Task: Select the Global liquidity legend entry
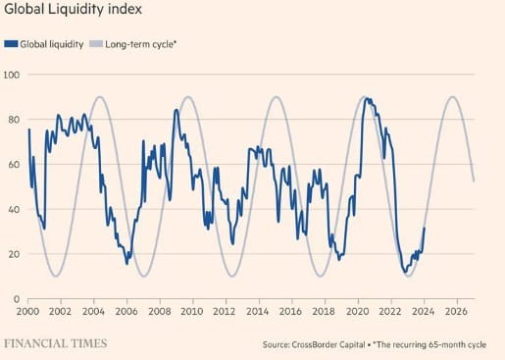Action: pyautogui.click(x=43, y=44)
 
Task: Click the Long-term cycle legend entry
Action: pyautogui.click(x=136, y=44)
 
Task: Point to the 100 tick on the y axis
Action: pyautogui.click(x=13, y=75)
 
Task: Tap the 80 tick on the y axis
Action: pyautogui.click(x=11, y=120)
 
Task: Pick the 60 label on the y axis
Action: pyautogui.click(x=11, y=165)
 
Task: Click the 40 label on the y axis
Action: pyautogui.click(x=11, y=209)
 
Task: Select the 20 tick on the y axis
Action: pyautogui.click(x=11, y=254)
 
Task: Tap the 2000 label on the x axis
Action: pyautogui.click(x=29, y=312)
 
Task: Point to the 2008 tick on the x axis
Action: pyautogui.click(x=157, y=312)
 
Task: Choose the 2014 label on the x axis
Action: pyautogui.click(x=257, y=312)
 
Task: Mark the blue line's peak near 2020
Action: pyautogui.click(x=367, y=98)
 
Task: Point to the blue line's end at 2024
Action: pyautogui.click(x=425, y=228)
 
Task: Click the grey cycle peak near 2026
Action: pyautogui.click(x=452, y=96)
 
